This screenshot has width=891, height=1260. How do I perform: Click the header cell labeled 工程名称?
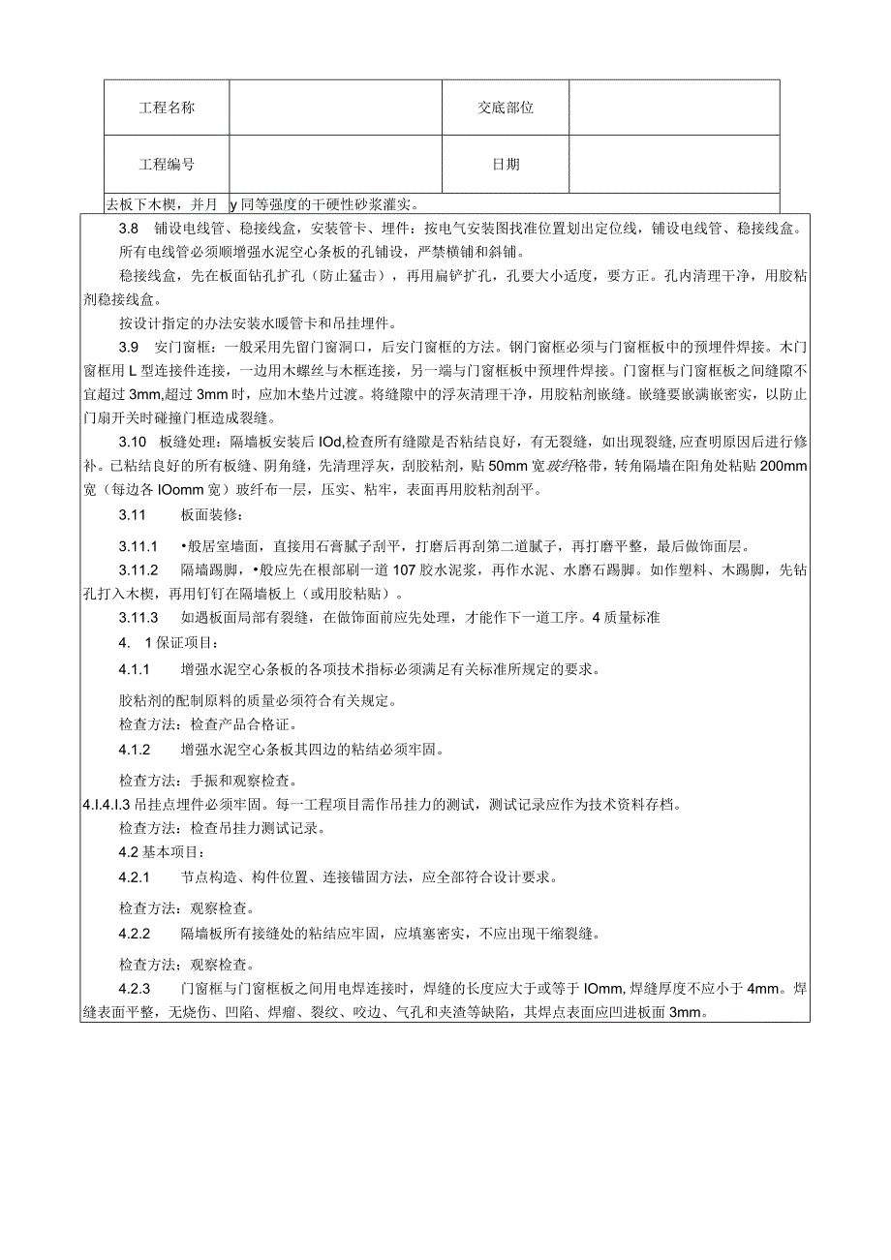[x=167, y=108]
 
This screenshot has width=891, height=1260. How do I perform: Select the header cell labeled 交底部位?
[x=505, y=108]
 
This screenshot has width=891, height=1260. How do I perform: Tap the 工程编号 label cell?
[x=167, y=164]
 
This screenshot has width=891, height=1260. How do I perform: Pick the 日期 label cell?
[x=505, y=164]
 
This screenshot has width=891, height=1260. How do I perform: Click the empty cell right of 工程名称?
[x=335, y=108]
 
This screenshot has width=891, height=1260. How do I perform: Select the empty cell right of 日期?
[x=673, y=164]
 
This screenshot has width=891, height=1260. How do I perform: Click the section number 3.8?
[x=129, y=230]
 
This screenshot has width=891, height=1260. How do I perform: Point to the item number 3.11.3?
[x=138, y=618]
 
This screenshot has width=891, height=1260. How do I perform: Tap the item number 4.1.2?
[x=135, y=750]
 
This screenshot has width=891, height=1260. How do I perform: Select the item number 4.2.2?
[x=135, y=935]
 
